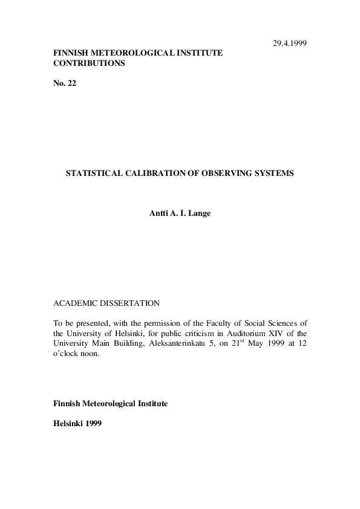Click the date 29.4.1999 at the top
click(x=289, y=44)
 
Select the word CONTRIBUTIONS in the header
click(x=90, y=63)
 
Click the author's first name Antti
click(x=159, y=213)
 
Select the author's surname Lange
click(x=200, y=213)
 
